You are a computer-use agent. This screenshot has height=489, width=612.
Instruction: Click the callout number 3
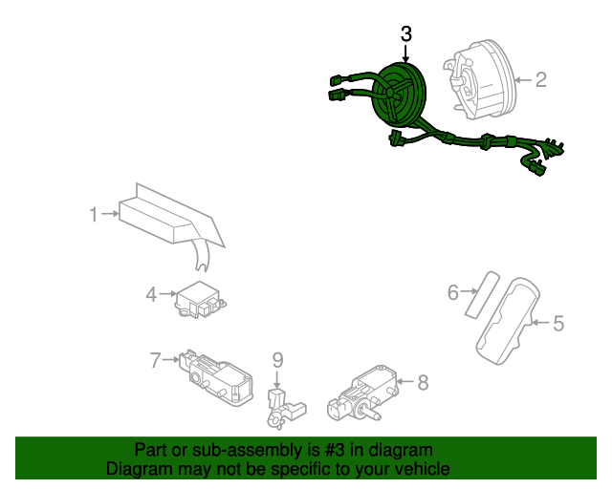point(405,33)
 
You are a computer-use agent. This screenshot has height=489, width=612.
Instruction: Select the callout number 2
point(540,79)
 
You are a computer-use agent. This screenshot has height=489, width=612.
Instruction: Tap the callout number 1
point(94,215)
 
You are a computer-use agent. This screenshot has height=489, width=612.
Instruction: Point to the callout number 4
point(151,295)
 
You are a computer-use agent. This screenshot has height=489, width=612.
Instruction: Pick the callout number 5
point(558,324)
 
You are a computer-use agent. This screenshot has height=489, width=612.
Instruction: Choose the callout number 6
point(453,292)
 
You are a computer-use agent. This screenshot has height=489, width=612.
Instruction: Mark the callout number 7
point(156,360)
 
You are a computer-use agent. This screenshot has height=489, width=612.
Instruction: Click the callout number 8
point(423,382)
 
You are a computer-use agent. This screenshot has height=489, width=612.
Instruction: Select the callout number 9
point(277,359)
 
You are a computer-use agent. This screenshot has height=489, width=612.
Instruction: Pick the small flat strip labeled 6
point(477,292)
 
